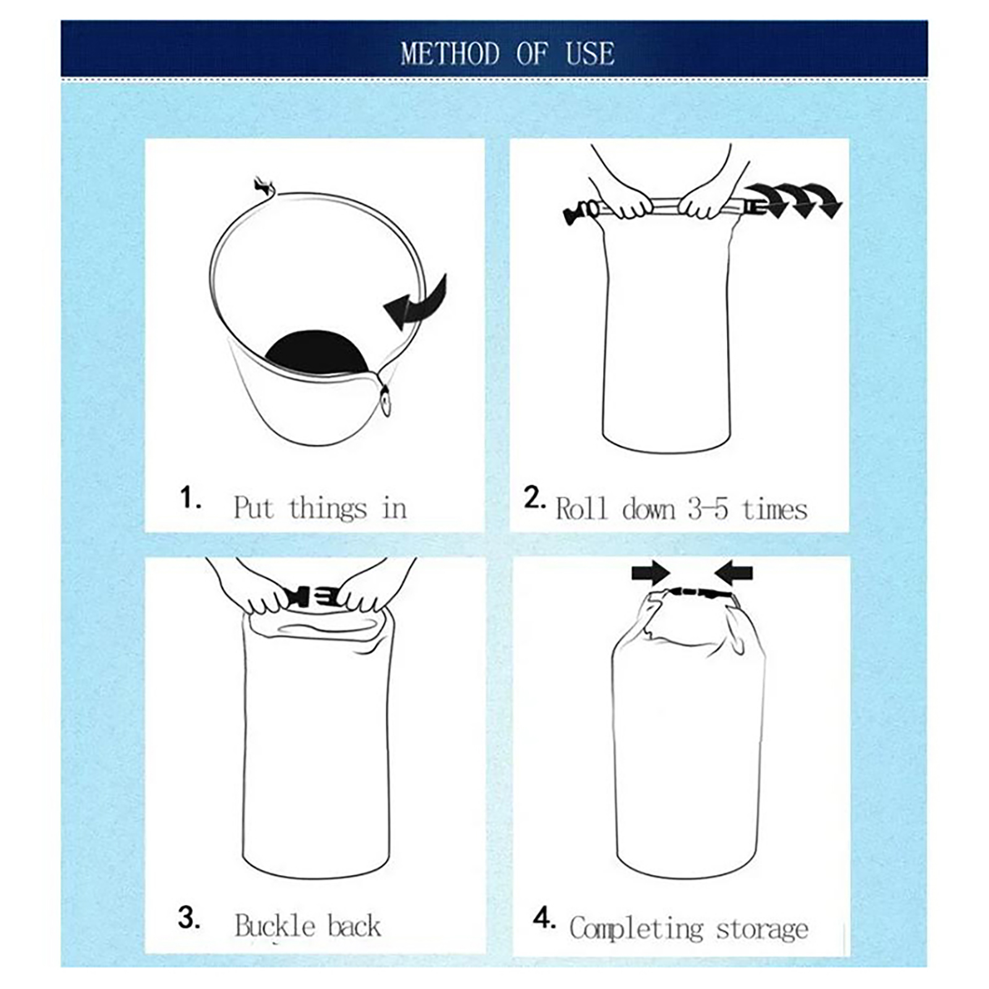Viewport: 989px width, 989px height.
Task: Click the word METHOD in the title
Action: pos(450,53)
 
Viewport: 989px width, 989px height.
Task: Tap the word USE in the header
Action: pos(590,53)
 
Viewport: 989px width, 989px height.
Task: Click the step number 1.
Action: pos(190,497)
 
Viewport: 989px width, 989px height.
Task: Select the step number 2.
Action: pos(534,497)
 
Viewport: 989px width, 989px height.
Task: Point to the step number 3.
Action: pos(189,917)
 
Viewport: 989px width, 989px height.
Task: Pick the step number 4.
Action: pos(544,919)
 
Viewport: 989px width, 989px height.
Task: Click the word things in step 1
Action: pos(328,509)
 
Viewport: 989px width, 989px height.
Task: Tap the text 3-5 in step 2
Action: pos(708,509)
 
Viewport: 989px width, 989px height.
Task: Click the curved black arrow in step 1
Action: pos(418,304)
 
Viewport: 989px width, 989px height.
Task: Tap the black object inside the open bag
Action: pos(316,352)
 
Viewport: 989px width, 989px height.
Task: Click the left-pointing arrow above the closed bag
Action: pos(734,573)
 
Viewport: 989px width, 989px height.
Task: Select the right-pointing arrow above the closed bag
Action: pos(652,573)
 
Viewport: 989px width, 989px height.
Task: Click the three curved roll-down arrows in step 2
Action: pos(793,200)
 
